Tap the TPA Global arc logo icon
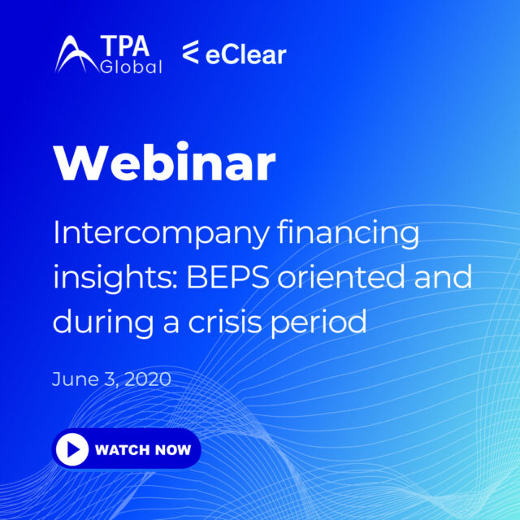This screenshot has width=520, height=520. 77,55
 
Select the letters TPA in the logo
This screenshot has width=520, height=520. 132,48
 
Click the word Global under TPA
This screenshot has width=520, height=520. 132,67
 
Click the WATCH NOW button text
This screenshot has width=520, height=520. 143,449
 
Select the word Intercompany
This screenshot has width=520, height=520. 159,236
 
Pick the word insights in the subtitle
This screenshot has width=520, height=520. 110,279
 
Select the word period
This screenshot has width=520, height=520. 323,322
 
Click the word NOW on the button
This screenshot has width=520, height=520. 171,449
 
